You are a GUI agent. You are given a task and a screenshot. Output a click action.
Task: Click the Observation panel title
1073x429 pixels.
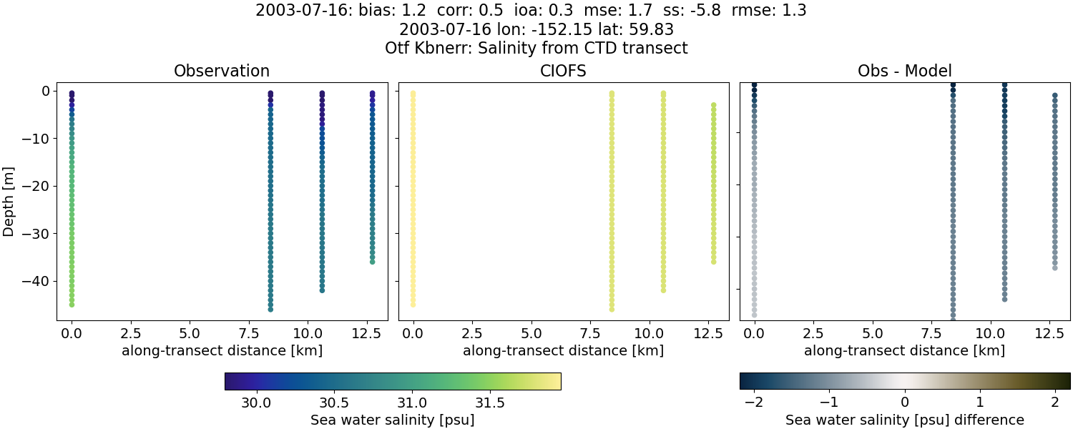tap(222, 71)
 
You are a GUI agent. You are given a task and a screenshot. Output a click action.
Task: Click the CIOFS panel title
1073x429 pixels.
tap(563, 71)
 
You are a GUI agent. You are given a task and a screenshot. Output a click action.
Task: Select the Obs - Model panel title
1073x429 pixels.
tap(904, 71)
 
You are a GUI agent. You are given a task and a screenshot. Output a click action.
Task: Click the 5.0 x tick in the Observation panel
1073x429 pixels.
tap(190, 332)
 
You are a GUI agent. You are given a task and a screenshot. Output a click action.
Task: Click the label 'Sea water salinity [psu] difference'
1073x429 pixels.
tap(904, 420)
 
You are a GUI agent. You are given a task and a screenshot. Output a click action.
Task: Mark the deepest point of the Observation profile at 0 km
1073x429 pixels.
tap(72, 305)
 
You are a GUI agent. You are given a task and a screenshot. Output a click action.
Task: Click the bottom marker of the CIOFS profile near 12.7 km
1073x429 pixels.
tap(713, 262)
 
